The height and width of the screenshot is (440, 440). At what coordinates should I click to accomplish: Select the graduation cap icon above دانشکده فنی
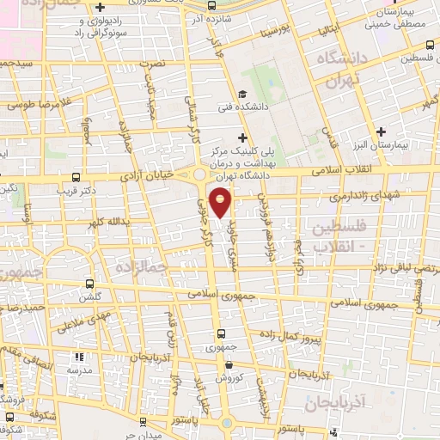pos(244,95)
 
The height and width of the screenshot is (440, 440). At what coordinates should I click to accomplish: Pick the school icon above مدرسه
pos(80,355)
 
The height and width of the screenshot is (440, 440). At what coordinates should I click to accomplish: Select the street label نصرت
pos(152,64)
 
